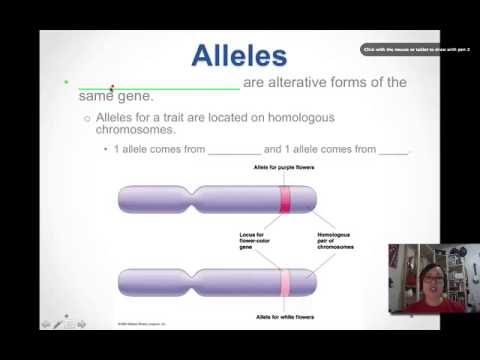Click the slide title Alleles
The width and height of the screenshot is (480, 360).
pyautogui.click(x=239, y=55)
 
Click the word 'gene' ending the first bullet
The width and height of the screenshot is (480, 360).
pyautogui.click(x=133, y=97)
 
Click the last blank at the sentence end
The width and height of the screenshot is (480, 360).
pyautogui.click(x=394, y=152)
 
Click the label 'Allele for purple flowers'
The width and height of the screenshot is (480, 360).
pyautogui.click(x=284, y=168)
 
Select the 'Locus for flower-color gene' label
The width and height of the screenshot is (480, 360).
pyautogui.click(x=249, y=241)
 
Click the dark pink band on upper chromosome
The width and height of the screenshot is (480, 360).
pyautogui.click(x=285, y=199)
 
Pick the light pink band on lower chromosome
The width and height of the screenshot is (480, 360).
pyautogui.click(x=285, y=283)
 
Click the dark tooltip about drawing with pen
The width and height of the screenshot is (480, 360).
pyautogui.click(x=415, y=49)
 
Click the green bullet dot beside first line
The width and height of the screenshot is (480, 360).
pyautogui.click(x=65, y=83)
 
